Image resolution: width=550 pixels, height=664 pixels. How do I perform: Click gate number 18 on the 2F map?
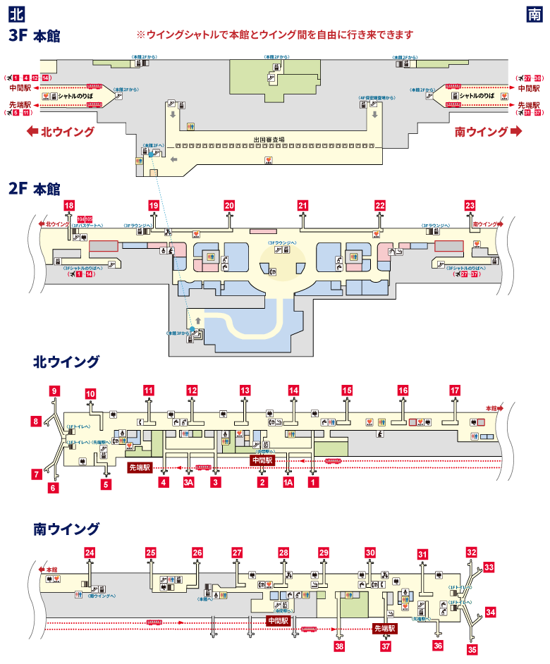(68, 205)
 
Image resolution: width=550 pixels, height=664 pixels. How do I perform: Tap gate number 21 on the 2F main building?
(302, 205)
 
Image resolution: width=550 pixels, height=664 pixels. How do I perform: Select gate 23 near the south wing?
(470, 205)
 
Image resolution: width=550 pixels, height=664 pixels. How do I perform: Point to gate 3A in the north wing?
(188, 483)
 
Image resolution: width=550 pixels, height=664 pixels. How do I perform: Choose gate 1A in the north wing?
(288, 483)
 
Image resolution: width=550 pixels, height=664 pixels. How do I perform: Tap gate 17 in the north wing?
(455, 390)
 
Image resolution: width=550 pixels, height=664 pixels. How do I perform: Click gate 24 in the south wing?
(90, 553)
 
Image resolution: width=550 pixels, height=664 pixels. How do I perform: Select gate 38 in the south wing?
(340, 645)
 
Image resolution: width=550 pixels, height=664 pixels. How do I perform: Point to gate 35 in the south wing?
(472, 648)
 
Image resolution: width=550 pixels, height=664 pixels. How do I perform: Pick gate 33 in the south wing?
(489, 566)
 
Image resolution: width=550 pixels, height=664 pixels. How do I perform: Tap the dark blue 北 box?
(15, 13)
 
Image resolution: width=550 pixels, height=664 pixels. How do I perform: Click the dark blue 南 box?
(534, 13)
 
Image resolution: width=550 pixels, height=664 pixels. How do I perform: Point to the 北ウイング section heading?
(66, 362)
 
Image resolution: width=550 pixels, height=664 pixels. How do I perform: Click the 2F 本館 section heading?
(34, 189)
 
